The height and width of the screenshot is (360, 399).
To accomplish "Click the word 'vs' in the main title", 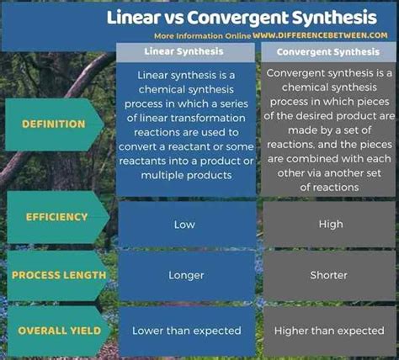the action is [173, 18].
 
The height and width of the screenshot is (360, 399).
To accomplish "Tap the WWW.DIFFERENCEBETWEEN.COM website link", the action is [320, 35].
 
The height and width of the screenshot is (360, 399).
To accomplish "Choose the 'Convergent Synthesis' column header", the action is [328, 52].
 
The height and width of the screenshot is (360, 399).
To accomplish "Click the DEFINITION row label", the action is [54, 124].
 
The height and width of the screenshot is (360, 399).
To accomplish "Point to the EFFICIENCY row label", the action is [57, 217].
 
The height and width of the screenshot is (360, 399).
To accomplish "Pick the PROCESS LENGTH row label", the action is [59, 275].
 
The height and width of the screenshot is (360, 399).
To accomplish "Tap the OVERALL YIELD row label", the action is [59, 331].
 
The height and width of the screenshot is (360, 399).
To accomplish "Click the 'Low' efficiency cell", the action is [184, 225].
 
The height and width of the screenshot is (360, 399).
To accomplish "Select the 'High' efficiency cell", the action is [331, 225].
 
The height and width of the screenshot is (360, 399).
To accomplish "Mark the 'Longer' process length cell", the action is [186, 275].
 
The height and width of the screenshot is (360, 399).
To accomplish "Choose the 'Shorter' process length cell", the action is [328, 275].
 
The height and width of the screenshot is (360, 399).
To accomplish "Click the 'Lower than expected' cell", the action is [187, 331].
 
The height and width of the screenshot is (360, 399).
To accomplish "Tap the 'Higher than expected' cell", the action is [329, 331].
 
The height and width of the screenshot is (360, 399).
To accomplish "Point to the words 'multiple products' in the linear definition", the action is [186, 176].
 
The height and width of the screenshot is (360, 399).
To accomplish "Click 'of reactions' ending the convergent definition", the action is [329, 188].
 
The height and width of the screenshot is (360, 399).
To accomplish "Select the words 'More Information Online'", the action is [203, 36].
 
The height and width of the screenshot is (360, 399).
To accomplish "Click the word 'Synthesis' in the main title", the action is [334, 18].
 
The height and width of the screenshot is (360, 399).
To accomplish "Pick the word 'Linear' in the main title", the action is [133, 18].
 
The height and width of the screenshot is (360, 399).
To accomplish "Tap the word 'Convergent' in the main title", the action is [238, 19].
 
